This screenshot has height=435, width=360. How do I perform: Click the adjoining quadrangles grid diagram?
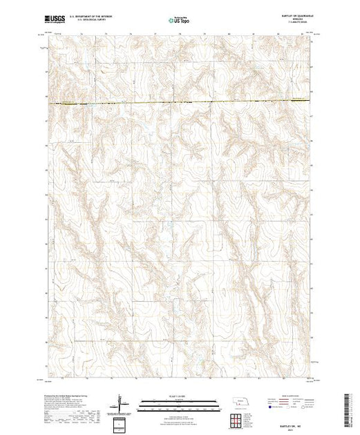(239, 419)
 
